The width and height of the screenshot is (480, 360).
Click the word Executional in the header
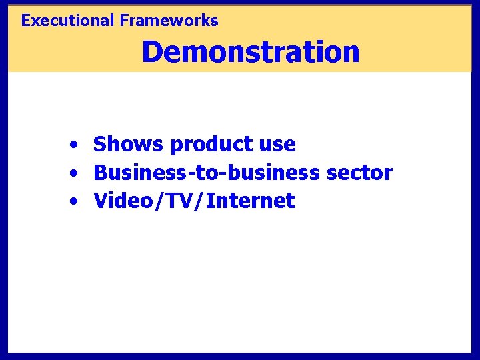tap(68, 21)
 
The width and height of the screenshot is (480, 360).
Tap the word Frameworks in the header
tap(169, 21)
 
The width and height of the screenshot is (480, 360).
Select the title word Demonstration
tap(250, 52)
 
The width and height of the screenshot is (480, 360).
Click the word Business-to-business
tap(207, 173)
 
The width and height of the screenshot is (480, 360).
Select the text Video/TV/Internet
tap(194, 201)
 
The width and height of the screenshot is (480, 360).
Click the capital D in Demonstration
tap(152, 52)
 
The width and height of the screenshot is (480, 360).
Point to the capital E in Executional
tap(26, 21)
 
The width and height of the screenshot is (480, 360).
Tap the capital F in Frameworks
tap(124, 21)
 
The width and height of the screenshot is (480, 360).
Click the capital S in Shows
tap(100, 144)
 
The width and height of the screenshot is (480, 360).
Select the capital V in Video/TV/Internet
tap(100, 201)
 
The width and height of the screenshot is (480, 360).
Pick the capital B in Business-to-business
tap(101, 173)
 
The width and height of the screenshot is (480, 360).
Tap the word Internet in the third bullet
tap(251, 201)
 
